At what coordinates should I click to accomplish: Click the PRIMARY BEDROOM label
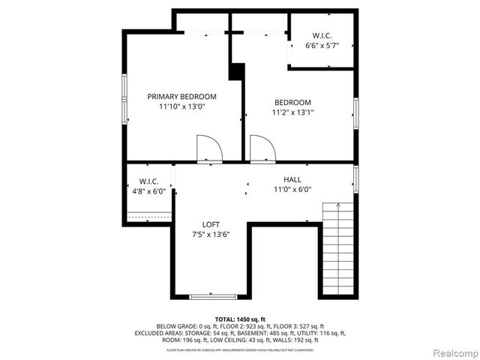(x=181, y=97)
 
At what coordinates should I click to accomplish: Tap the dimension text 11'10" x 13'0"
(x=181, y=107)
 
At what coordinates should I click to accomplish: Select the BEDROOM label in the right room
(x=292, y=103)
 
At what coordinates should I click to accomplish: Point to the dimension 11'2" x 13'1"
(x=292, y=113)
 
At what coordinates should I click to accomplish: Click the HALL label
(x=292, y=179)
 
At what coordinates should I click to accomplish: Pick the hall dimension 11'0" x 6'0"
(x=292, y=190)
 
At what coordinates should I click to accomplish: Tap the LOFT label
(x=211, y=224)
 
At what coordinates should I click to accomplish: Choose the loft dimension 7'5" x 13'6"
(x=211, y=235)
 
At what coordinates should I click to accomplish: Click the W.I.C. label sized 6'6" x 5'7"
(x=322, y=34)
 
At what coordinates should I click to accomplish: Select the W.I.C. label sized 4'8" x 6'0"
(x=149, y=181)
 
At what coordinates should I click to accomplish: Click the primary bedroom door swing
(x=208, y=148)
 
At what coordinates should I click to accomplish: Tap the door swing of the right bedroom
(x=262, y=148)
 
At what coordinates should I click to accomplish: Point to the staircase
(x=337, y=247)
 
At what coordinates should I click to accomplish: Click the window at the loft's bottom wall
(x=213, y=297)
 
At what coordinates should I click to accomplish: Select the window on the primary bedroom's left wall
(x=126, y=98)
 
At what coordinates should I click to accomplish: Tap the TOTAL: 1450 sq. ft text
(x=240, y=319)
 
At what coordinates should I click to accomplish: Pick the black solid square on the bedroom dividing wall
(x=237, y=70)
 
